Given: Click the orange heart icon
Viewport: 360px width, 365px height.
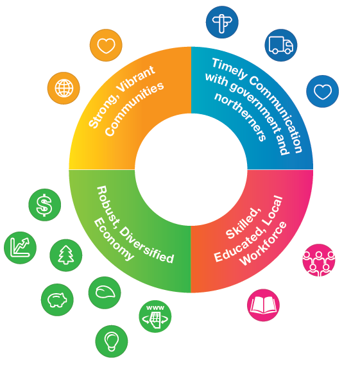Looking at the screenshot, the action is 106,45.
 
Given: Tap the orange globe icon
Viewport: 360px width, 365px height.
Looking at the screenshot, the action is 64,89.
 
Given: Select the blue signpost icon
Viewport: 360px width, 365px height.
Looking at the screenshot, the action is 222,22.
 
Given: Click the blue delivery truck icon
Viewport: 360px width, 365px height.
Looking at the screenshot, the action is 281,45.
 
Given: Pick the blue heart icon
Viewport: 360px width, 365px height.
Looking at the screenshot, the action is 323,91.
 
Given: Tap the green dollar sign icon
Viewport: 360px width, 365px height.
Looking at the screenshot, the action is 45,205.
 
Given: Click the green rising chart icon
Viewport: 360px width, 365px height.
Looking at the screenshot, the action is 21,248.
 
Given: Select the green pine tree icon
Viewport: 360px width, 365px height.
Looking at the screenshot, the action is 66,255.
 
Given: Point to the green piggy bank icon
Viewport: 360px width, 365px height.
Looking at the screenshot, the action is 57,300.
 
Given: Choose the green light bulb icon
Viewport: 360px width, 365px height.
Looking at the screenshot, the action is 112,341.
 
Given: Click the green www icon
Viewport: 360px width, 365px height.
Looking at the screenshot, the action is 155,316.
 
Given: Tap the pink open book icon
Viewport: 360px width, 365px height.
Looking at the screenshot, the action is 263,305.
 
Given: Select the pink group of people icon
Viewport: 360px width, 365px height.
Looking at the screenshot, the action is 319,260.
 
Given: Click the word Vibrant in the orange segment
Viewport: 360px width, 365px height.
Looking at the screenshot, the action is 135,79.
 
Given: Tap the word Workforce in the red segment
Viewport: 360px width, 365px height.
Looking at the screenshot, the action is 264,243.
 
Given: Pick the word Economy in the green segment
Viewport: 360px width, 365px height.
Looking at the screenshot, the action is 114,239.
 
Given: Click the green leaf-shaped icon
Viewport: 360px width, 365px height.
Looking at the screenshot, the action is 105,293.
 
